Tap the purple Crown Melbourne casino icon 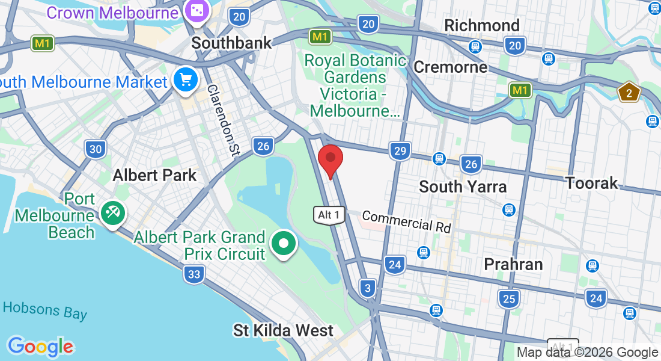pos(196,11)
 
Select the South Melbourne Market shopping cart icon pos(185,79)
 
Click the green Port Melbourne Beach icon pos(112,212)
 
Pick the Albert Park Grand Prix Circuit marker pos(283,244)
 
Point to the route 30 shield pos(96,149)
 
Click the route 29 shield pos(400,150)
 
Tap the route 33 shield pos(194,275)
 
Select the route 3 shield pos(368,288)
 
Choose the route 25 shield pos(508,298)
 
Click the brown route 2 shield pos(629,93)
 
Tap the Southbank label pos(231,43)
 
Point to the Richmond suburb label pos(481,25)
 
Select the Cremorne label pos(451,66)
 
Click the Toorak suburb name pos(592,182)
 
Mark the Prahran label pos(513,264)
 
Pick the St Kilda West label pos(283,330)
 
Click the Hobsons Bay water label pos(44,310)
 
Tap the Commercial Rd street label pos(406,221)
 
